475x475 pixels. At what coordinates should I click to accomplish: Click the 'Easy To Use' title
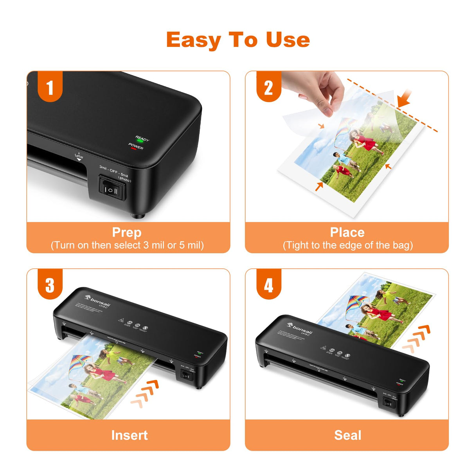pos(238,40)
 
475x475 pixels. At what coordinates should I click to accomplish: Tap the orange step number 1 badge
pos(50,87)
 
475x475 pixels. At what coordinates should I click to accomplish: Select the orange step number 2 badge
pos(268,87)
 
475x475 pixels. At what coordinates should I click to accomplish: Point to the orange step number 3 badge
pos(50,285)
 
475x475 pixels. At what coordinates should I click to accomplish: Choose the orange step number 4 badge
pos(268,285)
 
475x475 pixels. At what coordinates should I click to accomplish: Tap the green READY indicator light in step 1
pos(140,141)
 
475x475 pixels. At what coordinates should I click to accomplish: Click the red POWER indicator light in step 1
pos(133,149)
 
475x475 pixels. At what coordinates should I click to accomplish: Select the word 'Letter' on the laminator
pos(79,157)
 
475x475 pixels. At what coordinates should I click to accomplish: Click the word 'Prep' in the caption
pos(126,232)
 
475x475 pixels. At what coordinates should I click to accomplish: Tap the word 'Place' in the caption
pos(347,232)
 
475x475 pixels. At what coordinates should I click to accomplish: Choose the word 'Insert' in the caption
pos(129,435)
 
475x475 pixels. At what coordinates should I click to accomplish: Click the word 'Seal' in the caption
pos(347,435)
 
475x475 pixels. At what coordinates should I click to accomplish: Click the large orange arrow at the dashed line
pos(404,98)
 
